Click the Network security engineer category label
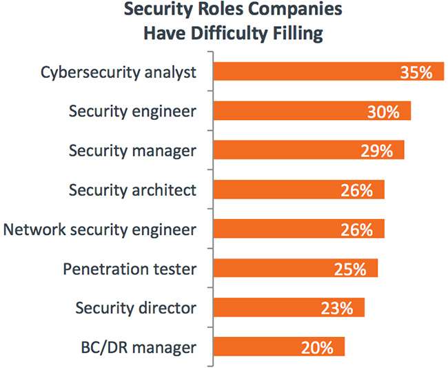(x=100, y=229)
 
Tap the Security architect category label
(x=133, y=190)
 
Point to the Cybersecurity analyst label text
(x=119, y=72)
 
